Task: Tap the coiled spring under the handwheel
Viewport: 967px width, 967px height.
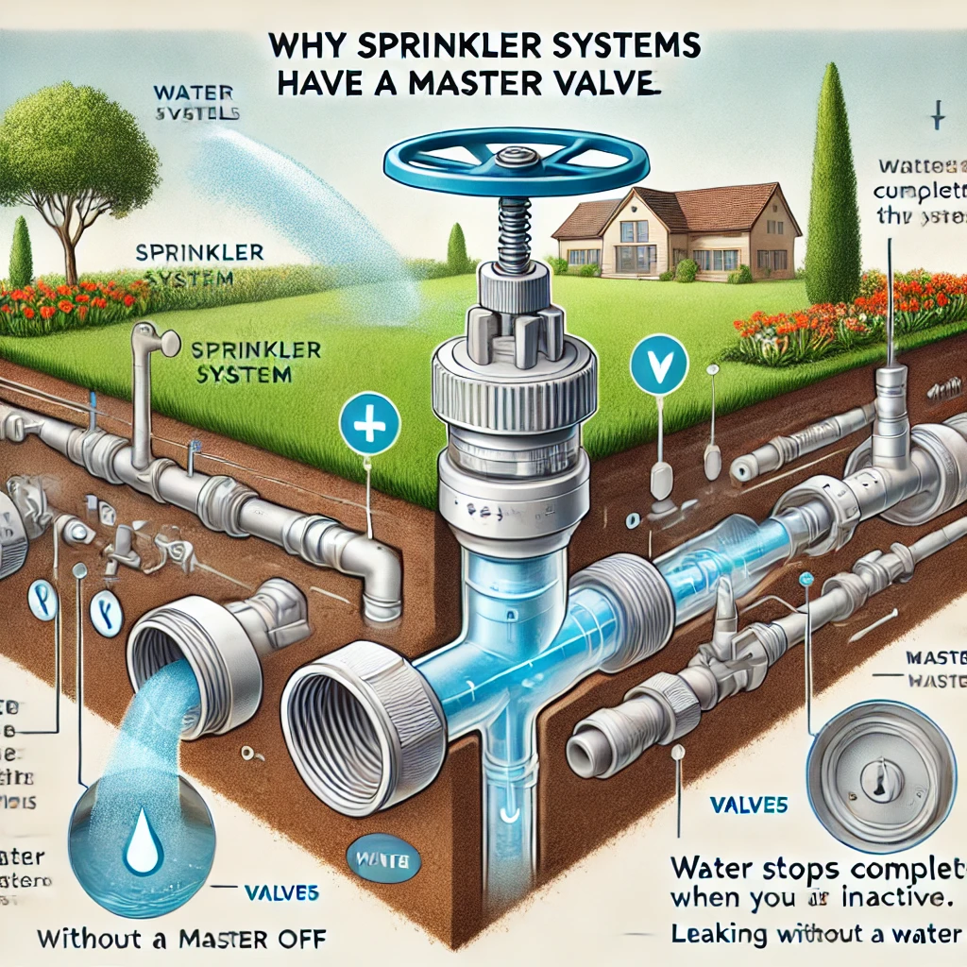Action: [x=510, y=230]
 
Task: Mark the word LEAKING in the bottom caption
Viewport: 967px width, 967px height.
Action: [x=715, y=934]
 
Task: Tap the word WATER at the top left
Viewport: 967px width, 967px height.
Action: [x=186, y=93]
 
